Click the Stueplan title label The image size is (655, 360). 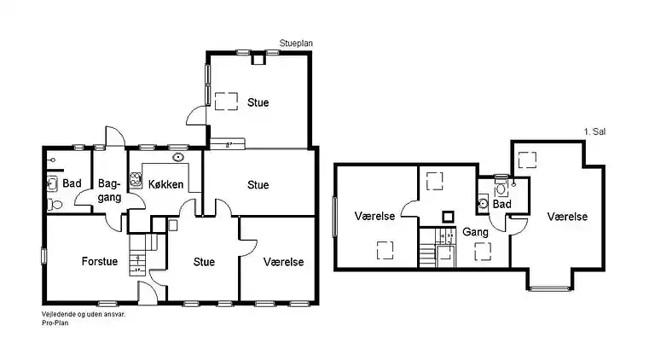[x=296, y=44]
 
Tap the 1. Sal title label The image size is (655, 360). [x=594, y=131]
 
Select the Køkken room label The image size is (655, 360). [x=165, y=184]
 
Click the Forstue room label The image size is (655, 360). [x=100, y=261]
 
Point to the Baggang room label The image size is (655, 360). [x=109, y=190]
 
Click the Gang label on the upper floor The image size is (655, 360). [x=475, y=232]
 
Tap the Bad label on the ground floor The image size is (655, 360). [x=72, y=183]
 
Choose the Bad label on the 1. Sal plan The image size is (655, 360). [x=501, y=204]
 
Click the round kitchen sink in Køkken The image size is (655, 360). [x=178, y=157]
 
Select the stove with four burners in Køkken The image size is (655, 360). [x=135, y=180]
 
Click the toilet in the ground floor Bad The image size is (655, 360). [x=55, y=205]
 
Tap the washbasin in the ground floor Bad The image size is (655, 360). [x=52, y=183]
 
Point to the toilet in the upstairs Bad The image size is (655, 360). [x=501, y=187]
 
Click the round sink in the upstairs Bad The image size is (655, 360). [x=483, y=203]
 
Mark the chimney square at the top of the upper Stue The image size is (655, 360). [x=258, y=59]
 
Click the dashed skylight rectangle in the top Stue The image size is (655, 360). [x=226, y=102]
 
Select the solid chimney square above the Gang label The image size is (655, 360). [x=448, y=217]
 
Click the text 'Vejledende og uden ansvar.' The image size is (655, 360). [x=83, y=315]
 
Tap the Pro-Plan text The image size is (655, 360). [x=55, y=322]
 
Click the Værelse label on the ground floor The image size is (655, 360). [x=283, y=262]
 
